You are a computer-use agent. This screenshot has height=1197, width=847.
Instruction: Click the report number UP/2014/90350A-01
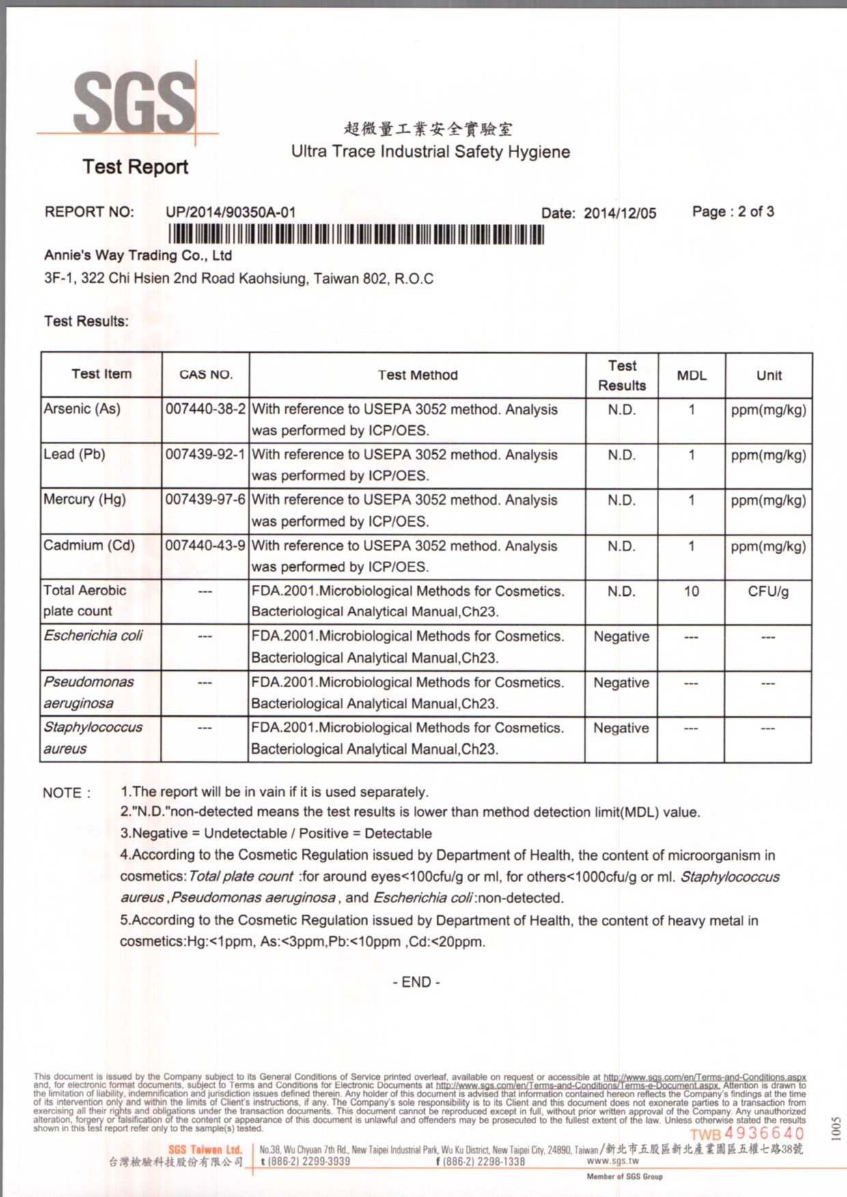230,212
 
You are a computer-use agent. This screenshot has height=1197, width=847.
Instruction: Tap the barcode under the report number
356,234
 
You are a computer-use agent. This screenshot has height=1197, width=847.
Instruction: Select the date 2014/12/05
620,213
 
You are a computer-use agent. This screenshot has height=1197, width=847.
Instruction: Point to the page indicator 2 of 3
733,212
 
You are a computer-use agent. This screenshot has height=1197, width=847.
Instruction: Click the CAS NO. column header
206,375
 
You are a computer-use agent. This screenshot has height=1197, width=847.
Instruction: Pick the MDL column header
691,375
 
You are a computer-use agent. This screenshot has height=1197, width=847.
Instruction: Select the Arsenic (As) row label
82,409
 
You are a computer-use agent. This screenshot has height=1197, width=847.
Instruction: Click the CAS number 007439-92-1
205,455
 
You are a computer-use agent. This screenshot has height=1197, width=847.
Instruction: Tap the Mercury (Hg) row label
85,500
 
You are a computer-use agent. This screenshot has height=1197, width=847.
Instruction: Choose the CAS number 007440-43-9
205,545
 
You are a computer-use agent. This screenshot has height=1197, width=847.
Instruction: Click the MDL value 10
691,591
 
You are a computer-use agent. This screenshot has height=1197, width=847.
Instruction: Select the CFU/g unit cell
768,591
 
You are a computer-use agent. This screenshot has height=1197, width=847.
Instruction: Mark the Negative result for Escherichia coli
621,637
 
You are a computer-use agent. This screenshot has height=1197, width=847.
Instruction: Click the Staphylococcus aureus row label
92,738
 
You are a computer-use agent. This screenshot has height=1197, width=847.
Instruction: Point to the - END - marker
416,982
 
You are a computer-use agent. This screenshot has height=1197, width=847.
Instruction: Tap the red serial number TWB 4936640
747,1134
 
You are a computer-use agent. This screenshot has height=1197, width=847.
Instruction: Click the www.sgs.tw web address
613,1161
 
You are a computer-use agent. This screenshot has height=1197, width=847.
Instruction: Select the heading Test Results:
86,321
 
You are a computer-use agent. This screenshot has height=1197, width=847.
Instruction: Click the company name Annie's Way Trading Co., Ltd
138,256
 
